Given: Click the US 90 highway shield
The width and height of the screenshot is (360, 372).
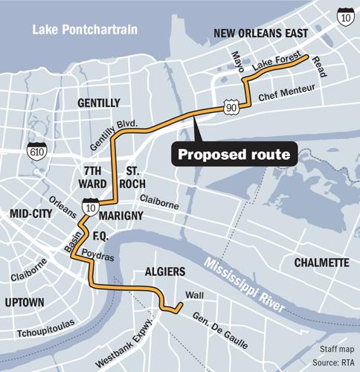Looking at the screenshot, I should tap(232, 109).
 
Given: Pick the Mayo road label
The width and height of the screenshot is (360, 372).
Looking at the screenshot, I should tap(238, 63).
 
